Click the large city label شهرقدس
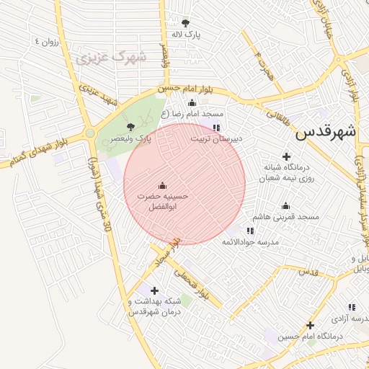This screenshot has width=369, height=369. (326, 133)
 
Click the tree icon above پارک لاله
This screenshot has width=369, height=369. (186, 23)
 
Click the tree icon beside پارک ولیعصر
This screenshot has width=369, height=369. (130, 128)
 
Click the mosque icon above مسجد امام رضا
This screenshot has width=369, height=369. (192, 103)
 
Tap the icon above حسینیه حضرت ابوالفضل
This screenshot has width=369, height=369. (162, 184)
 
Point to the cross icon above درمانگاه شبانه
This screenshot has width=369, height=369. (286, 156)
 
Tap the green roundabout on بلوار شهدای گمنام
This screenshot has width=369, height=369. (90, 133)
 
